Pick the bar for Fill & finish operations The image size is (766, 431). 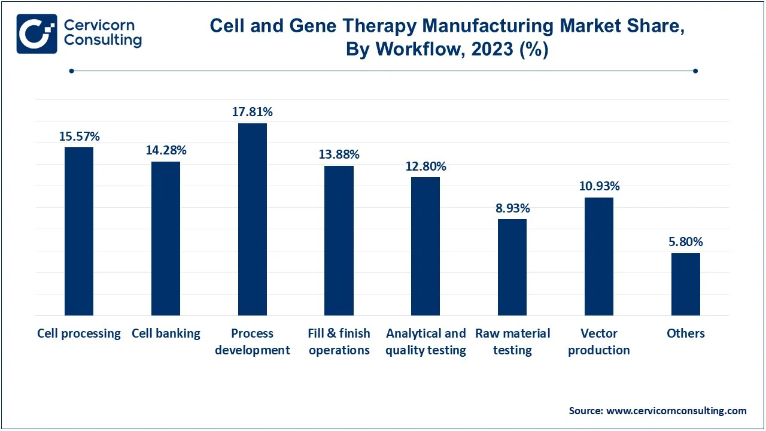click(339, 241)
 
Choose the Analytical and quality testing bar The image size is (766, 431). click(425, 246)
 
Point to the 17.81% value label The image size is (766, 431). click(253, 112)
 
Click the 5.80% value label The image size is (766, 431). click(686, 242)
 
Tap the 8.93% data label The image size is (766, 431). click(512, 208)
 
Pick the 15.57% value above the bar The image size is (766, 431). click(79, 136)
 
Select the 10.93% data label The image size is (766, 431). click(599, 186)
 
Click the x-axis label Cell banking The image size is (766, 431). click(166, 333)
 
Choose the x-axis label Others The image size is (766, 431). click(686, 333)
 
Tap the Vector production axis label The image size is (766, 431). click(599, 342)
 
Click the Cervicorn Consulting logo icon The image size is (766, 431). click(37, 34)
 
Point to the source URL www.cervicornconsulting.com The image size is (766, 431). click(676, 411)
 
